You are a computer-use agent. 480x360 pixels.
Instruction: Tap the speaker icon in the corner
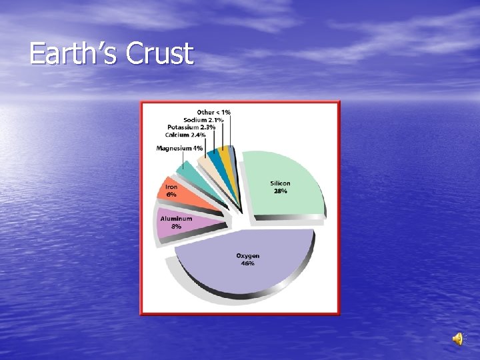tap(458, 339)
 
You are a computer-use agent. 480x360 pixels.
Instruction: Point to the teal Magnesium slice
tap(190, 170)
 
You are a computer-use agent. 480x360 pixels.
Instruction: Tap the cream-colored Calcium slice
tap(204, 163)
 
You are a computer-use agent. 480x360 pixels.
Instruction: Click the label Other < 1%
tap(213, 112)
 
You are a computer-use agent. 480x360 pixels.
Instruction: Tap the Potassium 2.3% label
tap(191, 127)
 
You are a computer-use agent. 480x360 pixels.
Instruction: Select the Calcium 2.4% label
tap(185, 135)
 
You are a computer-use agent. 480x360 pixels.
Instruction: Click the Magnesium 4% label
tap(179, 148)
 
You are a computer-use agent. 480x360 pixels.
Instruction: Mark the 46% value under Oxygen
tap(247, 263)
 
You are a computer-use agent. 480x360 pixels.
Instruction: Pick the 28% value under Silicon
tap(280, 191)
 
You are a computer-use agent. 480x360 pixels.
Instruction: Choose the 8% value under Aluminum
tap(176, 227)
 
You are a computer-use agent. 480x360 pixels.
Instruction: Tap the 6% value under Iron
tap(171, 195)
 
